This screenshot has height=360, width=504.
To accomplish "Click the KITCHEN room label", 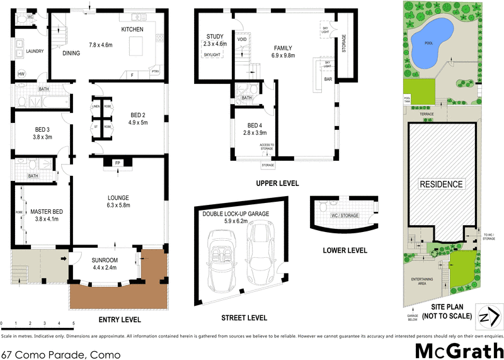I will coord(132,30).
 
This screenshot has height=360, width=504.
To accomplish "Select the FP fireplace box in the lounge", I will coord(117,163).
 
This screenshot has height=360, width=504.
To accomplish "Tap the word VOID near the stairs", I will coord(242,40).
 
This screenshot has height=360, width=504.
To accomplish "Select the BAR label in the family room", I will coord(328,80).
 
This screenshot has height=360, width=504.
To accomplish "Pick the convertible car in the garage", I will coord(221,256).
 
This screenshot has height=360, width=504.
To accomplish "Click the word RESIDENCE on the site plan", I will coord(442,185).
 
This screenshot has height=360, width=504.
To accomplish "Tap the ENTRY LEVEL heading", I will coord(120,320).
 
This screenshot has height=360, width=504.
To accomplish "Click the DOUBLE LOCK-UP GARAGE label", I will coord(236,214).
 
